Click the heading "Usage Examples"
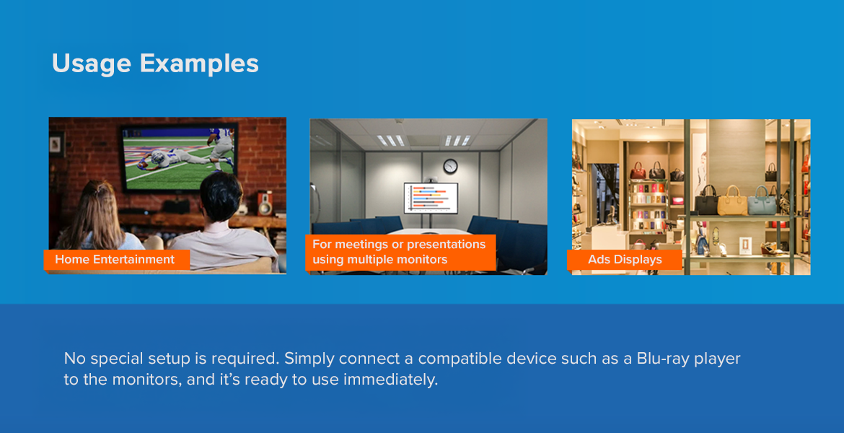(x=155, y=64)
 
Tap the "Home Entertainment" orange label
(x=117, y=260)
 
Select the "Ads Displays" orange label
(x=625, y=260)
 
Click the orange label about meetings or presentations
(x=400, y=252)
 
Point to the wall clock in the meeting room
(x=450, y=166)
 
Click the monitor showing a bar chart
(x=431, y=198)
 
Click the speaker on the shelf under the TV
(x=265, y=204)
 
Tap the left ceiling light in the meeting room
(x=391, y=141)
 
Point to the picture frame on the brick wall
(x=56, y=144)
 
